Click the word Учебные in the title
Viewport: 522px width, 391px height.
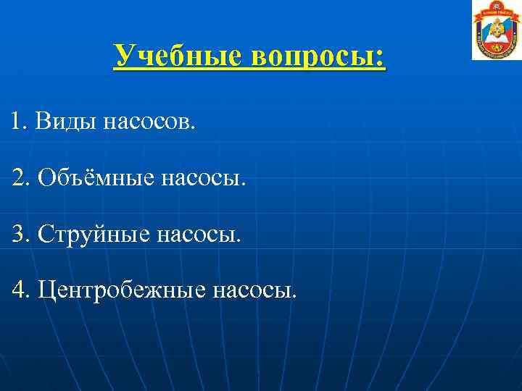click(x=178, y=55)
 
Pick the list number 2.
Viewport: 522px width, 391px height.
click(x=21, y=177)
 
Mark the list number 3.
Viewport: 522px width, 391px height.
click(x=21, y=233)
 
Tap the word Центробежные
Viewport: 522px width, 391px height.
click(x=120, y=290)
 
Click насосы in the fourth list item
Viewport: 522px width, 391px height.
click(x=254, y=290)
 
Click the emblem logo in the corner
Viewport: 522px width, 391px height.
click(x=497, y=30)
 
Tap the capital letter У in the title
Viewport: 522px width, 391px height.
click(x=125, y=55)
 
